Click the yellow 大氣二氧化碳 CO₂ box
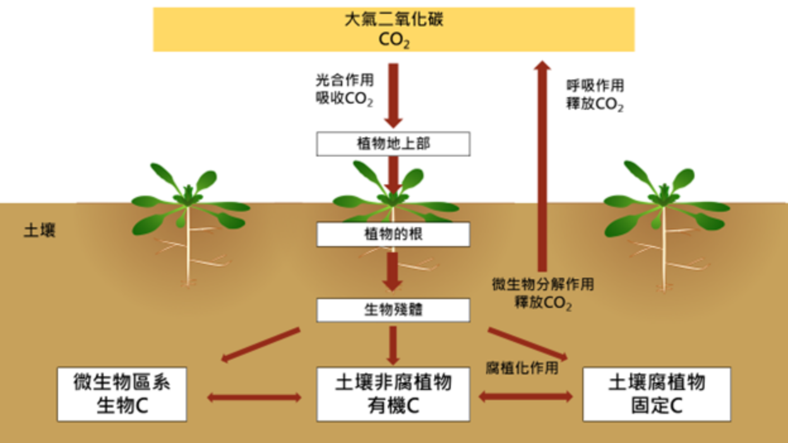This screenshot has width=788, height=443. (394, 29)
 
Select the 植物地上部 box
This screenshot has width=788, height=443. (393, 144)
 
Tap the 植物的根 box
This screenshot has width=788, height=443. (393, 235)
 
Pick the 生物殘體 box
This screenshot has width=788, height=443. (393, 310)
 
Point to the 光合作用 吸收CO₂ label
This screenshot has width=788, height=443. (344, 90)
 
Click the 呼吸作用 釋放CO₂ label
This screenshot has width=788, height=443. (595, 95)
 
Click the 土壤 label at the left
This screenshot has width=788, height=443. (39, 230)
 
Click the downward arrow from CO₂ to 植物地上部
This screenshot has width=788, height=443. (393, 95)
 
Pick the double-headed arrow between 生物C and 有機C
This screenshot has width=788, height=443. (254, 397)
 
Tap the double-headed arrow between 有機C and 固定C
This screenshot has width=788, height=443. (525, 396)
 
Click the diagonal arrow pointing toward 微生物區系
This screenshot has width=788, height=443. (260, 345)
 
